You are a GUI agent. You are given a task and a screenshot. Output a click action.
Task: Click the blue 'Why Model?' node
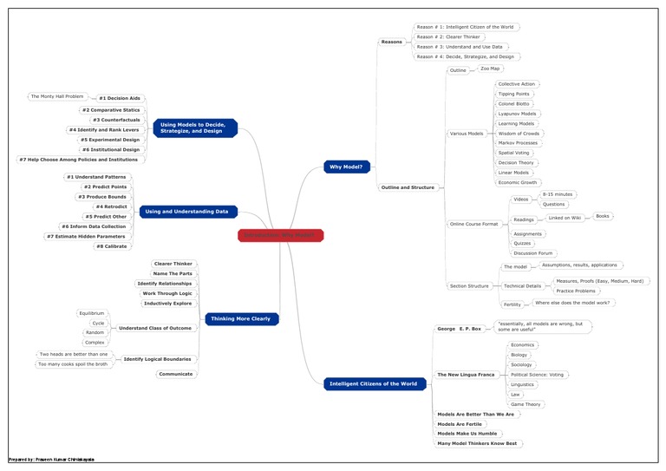click(348, 167)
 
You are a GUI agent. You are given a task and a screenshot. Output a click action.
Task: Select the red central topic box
click(280, 235)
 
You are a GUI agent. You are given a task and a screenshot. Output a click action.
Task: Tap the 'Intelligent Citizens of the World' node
click(374, 383)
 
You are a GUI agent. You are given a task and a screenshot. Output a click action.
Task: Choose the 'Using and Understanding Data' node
click(187, 212)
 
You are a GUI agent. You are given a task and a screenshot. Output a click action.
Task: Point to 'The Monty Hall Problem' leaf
click(57, 96)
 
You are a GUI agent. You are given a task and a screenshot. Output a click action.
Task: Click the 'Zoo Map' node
click(490, 69)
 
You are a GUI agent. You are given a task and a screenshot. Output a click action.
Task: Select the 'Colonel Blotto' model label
click(513, 104)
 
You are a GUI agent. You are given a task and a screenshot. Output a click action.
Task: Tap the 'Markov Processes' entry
click(518, 143)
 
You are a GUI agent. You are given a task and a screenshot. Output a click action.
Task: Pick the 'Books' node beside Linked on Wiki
click(603, 216)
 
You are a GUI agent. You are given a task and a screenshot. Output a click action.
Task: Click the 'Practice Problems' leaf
click(576, 291)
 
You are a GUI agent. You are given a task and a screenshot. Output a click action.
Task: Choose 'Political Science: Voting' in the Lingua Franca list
click(537, 375)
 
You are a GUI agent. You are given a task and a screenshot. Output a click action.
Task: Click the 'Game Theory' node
click(526, 404)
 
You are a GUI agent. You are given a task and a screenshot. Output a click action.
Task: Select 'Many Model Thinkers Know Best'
click(477, 443)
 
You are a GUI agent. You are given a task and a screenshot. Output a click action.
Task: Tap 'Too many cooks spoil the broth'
click(74, 364)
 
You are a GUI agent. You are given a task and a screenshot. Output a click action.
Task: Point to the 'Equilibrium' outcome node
click(91, 313)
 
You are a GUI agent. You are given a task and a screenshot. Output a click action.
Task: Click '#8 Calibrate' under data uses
click(112, 246)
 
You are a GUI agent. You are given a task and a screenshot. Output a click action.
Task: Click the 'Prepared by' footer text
click(51, 459)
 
